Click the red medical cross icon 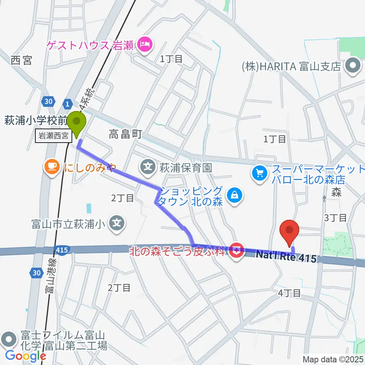point(236,251)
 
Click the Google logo point(26,355)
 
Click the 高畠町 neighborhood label point(125,134)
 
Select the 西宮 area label point(21,60)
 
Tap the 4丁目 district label point(290,293)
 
